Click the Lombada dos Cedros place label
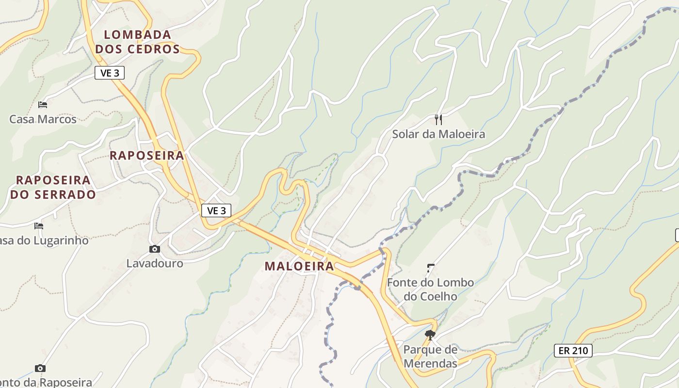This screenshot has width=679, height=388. coord(138,42)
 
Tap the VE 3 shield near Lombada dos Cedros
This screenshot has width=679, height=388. coord(110,73)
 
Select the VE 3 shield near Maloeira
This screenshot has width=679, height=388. coord(216,210)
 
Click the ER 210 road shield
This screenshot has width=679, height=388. coord(573,350)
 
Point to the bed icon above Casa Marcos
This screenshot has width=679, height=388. coord(43,104)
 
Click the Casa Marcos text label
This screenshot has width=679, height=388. coord(43,119)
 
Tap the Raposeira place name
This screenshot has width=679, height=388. coord(146,156)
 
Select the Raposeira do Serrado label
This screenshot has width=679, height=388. coord(53,187)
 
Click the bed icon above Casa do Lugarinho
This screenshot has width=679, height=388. coord(39,226)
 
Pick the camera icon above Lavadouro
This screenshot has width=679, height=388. coord(155,249)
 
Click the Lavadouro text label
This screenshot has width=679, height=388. coord(155,263)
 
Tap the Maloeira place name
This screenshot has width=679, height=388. coord(299,266)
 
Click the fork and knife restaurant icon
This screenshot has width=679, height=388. coord(438,119)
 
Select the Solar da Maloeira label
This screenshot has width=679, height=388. coord(438,134)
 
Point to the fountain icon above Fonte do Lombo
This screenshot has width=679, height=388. coord(430,267)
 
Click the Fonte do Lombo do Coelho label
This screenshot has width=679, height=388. coord(430,289)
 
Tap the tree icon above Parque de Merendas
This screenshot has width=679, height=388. coord(430,335)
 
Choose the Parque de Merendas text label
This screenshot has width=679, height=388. coord(430,356)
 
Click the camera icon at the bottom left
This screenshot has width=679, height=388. coord(40,369)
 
